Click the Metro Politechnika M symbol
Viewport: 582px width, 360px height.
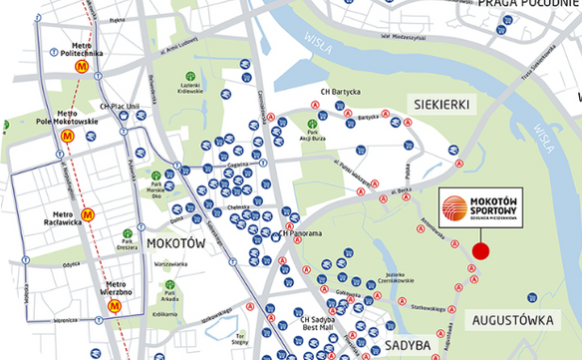[x=81, y=67]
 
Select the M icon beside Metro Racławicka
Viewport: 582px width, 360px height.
[x=88, y=213]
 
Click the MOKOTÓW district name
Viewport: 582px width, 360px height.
[x=176, y=242]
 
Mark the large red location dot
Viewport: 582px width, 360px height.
[x=480, y=251]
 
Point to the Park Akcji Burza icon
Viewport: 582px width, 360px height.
[x=313, y=125]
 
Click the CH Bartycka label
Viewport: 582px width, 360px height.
[x=338, y=93]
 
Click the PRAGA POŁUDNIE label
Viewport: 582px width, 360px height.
[x=528, y=5]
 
